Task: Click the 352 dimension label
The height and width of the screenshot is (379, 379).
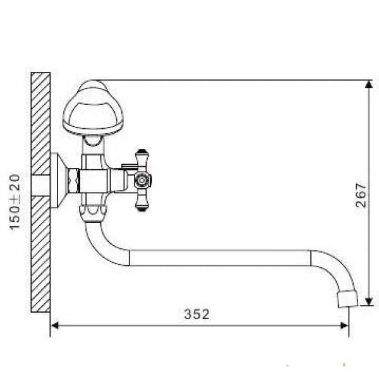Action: tap(196, 314)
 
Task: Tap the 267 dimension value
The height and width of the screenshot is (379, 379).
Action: tap(361, 195)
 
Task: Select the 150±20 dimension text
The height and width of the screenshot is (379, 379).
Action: tap(15, 202)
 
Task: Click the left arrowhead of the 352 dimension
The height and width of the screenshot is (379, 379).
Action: tap(54, 325)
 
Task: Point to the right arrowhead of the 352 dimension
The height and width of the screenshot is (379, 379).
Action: tap(344, 325)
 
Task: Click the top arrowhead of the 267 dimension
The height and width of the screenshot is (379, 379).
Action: tap(369, 84)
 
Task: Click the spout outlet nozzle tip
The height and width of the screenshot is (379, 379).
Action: tap(347, 299)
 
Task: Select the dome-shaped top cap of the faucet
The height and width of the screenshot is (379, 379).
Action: tap(93, 107)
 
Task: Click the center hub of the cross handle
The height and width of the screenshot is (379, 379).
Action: tap(142, 180)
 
